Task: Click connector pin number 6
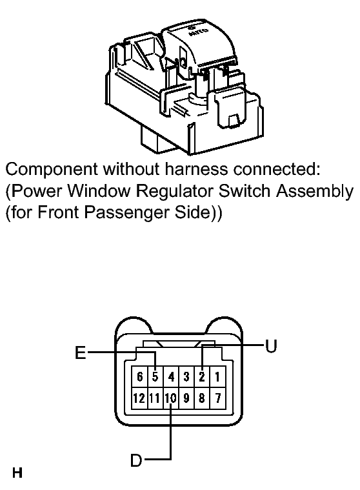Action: [x=139, y=376]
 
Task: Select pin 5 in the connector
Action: [x=155, y=376]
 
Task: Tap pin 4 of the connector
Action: [x=171, y=376]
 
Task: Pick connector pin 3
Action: [x=186, y=376]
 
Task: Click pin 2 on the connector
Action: [x=202, y=376]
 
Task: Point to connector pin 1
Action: [x=217, y=376]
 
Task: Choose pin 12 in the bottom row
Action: [x=139, y=398]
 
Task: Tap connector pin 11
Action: [x=155, y=398]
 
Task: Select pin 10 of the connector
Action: [x=171, y=398]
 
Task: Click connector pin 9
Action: [x=186, y=398]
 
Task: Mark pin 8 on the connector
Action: [x=202, y=398]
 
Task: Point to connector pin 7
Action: [x=217, y=398]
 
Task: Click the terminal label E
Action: [x=81, y=352]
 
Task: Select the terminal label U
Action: [x=271, y=346]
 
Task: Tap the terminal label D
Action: [x=136, y=460]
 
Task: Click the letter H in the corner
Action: [x=17, y=473]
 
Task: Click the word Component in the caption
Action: [x=52, y=170]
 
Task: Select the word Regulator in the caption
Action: [x=175, y=192]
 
